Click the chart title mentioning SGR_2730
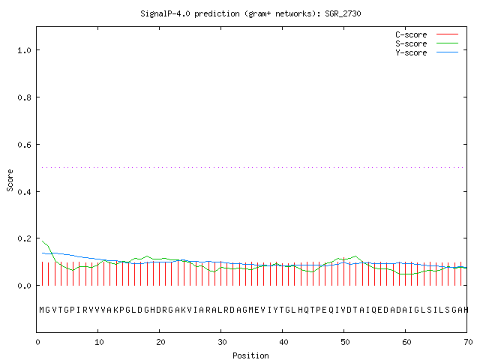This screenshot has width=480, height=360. tap(250, 13)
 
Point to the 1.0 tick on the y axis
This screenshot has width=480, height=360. tap(25, 50)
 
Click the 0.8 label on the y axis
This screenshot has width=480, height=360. tap(25, 97)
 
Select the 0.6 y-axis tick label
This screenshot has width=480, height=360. tap(25, 145)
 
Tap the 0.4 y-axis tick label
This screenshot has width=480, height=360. tap(25, 192)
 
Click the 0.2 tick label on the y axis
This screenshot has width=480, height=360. tap(25, 238)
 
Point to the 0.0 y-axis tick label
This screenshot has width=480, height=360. tap(25, 286)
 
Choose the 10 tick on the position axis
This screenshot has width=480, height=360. tap(99, 342)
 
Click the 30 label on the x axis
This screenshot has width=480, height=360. tap(222, 342)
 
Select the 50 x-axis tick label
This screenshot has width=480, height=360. tap(345, 342)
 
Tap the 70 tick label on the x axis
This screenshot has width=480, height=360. tap(468, 342)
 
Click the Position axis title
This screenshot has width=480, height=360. tap(250, 355)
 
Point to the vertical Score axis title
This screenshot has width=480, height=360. tap(10, 180)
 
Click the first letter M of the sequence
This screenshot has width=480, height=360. tap(42, 310)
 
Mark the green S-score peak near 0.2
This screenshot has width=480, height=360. tap(43, 241)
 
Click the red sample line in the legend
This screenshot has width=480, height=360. tap(447, 34)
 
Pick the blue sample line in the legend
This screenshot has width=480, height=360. tap(447, 52)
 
